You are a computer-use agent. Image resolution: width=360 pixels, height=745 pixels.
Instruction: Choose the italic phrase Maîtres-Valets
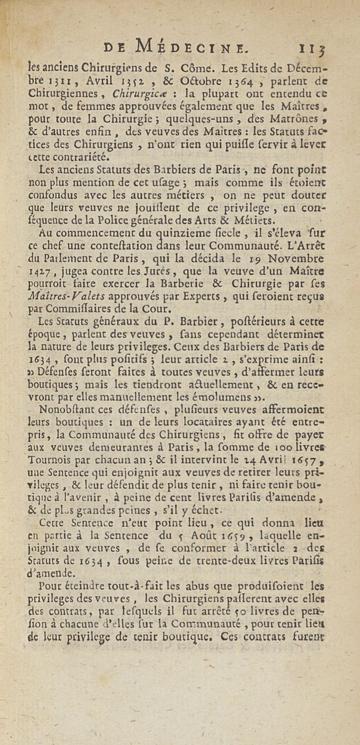coord(67,296)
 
